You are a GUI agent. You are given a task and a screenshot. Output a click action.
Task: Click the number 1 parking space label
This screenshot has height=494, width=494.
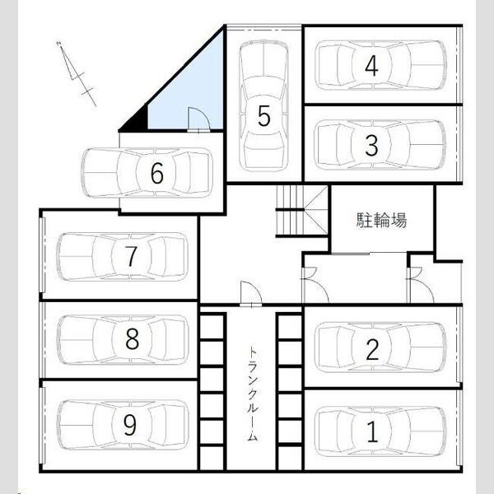click(x=372, y=431)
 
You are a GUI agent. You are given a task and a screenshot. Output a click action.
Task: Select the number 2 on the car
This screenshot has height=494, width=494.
click(x=372, y=349)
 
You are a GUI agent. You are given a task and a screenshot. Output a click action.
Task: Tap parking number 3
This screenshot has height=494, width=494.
click(x=372, y=146)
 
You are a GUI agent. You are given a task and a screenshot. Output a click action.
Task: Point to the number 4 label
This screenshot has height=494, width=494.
click(x=372, y=66)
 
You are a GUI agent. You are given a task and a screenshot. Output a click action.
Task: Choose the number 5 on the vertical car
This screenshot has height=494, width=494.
click(x=264, y=115)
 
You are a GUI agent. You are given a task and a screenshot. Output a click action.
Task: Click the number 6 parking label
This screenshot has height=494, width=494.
click(x=157, y=173)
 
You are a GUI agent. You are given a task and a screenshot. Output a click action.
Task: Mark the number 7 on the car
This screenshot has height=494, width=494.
click(x=131, y=256)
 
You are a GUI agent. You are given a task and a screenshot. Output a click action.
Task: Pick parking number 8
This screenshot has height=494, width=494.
click(x=132, y=338)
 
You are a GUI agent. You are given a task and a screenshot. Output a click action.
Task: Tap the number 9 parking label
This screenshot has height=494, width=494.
click(x=129, y=424)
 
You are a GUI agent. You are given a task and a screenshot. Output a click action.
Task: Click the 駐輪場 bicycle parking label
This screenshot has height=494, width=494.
click(x=381, y=220)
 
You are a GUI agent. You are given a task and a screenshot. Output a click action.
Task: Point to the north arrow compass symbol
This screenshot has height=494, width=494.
click(x=77, y=73)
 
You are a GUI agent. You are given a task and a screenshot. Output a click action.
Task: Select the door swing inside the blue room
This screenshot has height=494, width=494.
click(x=198, y=119)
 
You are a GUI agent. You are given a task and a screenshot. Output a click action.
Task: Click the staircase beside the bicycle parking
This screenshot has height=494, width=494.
click(x=302, y=211)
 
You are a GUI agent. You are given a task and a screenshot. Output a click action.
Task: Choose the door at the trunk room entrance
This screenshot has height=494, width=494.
click(x=251, y=293)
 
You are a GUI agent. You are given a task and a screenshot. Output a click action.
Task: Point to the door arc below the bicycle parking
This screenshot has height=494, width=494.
click(x=315, y=285)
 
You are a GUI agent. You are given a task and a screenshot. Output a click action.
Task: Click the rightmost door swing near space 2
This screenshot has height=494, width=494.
click(x=421, y=285)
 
